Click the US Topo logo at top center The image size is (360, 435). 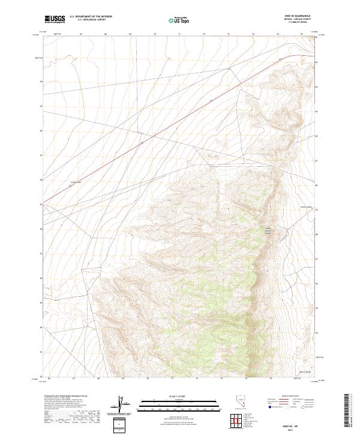180,20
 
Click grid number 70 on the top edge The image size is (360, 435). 155,34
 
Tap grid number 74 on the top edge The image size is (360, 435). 253,34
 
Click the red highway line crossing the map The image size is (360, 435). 180,120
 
